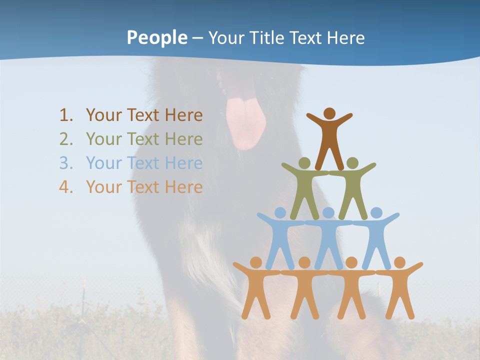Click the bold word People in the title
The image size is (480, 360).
tap(156, 37)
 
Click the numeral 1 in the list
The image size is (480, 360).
tap(64, 115)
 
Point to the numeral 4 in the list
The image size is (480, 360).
tap(64, 187)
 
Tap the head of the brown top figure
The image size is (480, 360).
tap(329, 113)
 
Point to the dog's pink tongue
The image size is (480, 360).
tap(245, 122)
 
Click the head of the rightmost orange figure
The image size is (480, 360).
tap(399, 262)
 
